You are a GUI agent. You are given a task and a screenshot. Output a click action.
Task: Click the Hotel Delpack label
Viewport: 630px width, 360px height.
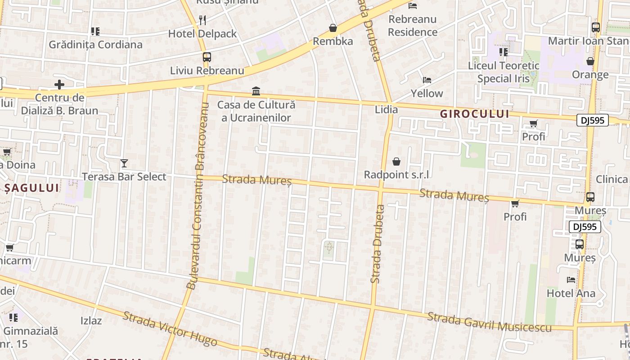[202, 34]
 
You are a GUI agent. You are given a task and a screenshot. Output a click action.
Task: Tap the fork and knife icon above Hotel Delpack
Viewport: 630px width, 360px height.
[202, 20]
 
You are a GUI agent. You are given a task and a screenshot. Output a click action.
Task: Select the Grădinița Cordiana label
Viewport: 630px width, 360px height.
[95, 45]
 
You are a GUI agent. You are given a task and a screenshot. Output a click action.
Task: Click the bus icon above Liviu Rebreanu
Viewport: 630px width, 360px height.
[207, 57]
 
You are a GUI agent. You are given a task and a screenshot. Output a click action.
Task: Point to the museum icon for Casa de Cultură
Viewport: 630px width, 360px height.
[256, 91]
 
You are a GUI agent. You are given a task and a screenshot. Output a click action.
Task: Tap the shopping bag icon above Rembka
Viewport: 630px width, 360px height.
[333, 28]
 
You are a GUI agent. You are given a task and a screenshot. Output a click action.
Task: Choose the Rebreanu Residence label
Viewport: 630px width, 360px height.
[413, 26]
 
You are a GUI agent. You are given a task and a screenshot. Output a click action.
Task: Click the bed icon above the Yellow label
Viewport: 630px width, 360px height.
[427, 80]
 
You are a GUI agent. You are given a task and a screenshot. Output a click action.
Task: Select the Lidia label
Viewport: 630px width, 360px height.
[386, 109]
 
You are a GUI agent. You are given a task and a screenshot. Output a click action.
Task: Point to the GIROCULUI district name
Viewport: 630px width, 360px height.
[475, 114]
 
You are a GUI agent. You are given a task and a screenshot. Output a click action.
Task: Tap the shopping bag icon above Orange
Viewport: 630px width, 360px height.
[590, 61]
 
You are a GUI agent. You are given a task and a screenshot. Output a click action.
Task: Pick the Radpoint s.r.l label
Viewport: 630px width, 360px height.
[396, 175]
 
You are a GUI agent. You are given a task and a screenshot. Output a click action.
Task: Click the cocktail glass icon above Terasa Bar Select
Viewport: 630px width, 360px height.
[124, 163]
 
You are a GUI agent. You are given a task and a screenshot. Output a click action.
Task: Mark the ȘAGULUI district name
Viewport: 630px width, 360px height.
[32, 188]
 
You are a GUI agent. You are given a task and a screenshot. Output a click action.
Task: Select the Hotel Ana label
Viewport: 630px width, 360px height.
[571, 293]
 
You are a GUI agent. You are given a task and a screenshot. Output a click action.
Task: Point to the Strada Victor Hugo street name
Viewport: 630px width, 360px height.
[170, 329]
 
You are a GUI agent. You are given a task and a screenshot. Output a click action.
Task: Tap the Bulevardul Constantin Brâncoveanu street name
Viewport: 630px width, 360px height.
[198, 196]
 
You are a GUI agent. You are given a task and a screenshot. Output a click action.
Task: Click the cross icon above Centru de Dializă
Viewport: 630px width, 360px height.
[59, 84]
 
